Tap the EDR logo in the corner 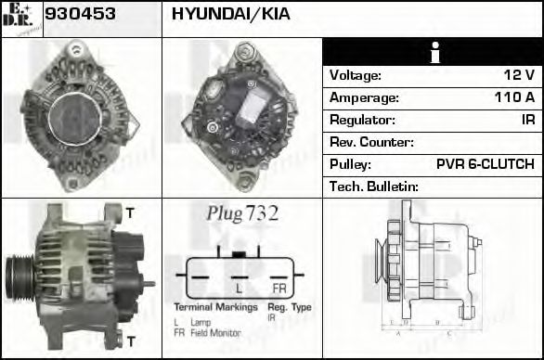point(21,18)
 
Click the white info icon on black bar point(433,53)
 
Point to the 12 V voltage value point(518,75)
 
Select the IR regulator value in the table point(526,120)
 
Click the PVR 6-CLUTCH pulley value point(485,164)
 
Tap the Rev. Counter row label point(371,142)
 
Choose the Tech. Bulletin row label point(374,186)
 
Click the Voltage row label point(356,75)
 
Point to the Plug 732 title point(242,213)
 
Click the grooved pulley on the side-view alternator point(20,276)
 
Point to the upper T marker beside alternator point(129,213)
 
